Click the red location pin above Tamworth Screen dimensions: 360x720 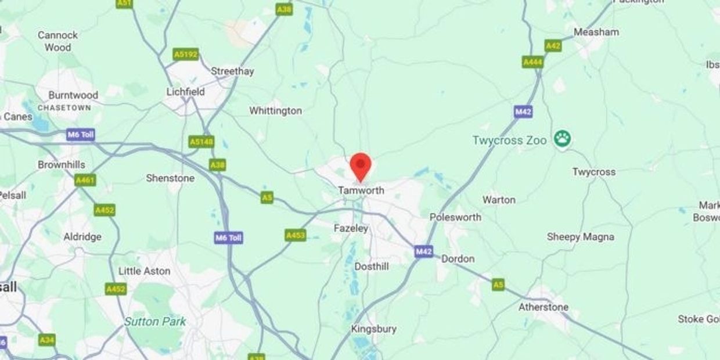[x=361, y=166]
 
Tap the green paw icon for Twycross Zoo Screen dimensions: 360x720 [x=562, y=139]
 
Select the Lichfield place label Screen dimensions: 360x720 [x=185, y=92]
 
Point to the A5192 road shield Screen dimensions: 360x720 [x=186, y=55]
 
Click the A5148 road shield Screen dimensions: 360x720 [x=201, y=142]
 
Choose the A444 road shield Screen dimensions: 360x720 [x=532, y=62]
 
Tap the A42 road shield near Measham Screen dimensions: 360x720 [x=553, y=45]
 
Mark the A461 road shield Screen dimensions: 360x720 [x=85, y=181]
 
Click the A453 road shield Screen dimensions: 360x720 [x=296, y=235]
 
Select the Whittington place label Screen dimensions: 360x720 [x=275, y=110]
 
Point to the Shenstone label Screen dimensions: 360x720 [x=170, y=178]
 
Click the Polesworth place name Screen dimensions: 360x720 [x=455, y=217]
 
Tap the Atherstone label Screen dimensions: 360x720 [x=543, y=307]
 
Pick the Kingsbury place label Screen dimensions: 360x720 [x=374, y=329]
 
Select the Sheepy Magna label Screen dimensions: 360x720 [x=580, y=237]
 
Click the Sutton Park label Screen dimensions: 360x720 [x=155, y=321]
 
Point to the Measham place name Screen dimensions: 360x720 [x=596, y=32]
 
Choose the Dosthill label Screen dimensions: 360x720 [x=372, y=267]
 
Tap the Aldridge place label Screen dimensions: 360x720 [x=82, y=237]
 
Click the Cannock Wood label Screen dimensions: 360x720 [x=58, y=41]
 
